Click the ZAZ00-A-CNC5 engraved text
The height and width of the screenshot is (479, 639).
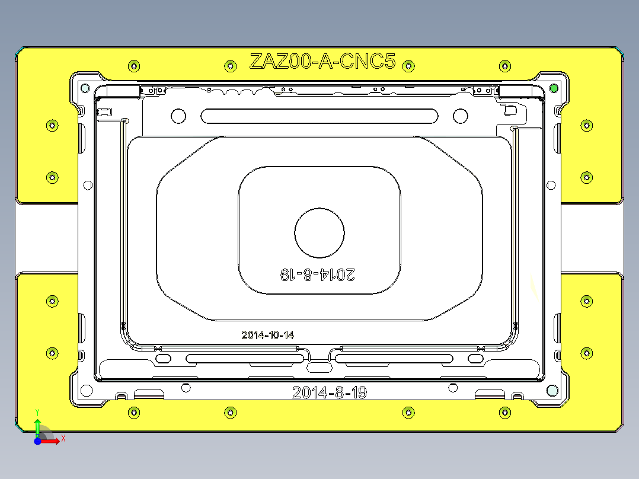click(x=322, y=62)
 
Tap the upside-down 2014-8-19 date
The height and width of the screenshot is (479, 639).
click(x=318, y=274)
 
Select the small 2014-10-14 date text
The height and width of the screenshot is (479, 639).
click(x=267, y=335)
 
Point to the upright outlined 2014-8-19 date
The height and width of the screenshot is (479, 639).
click(x=330, y=392)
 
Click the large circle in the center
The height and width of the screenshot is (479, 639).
click(x=319, y=232)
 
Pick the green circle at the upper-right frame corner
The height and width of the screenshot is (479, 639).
click(x=554, y=88)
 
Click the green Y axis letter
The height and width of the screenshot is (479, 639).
click(x=37, y=411)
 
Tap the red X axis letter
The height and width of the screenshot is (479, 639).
click(x=63, y=438)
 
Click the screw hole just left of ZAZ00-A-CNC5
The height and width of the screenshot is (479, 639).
click(x=230, y=65)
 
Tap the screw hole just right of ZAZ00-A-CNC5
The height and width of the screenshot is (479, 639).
click(x=408, y=65)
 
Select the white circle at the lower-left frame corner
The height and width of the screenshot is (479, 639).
click(x=87, y=391)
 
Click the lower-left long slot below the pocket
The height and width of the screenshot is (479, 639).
click(x=245, y=359)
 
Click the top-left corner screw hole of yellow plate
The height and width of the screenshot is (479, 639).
click(x=134, y=65)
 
